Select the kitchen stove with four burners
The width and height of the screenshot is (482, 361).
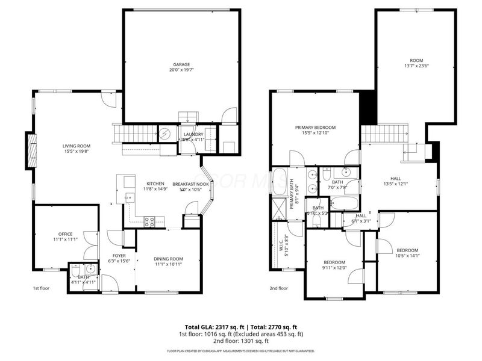coord(149,221)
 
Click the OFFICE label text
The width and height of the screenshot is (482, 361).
coord(65,234)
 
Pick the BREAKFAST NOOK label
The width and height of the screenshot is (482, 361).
coord(191,184)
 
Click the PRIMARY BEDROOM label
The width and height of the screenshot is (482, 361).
coord(315,128)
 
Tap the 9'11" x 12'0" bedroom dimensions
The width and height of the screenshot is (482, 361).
coord(334,268)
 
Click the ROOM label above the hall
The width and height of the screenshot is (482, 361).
coord(416,61)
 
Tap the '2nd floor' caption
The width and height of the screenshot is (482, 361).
coord(278,288)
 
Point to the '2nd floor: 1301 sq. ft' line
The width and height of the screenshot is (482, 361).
coord(241,341)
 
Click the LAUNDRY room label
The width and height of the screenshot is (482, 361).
coord(193,134)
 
